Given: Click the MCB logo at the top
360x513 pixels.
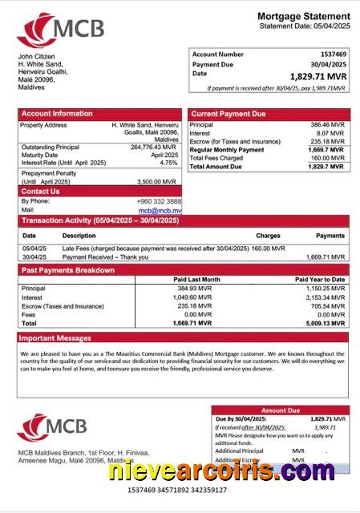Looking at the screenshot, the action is [60, 30].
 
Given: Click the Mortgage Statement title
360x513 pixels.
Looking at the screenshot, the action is [303, 16].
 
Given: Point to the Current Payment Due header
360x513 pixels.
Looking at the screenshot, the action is [229, 114].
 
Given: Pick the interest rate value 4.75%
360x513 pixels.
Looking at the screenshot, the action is [168, 163].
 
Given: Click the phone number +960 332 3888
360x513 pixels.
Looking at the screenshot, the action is [158, 201].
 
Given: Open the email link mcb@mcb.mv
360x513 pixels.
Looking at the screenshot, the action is [166, 210].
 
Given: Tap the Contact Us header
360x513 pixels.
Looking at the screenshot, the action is [40, 192].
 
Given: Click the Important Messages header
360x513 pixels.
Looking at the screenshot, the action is [56, 338].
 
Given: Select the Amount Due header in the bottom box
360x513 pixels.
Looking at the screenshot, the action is [281, 410].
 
